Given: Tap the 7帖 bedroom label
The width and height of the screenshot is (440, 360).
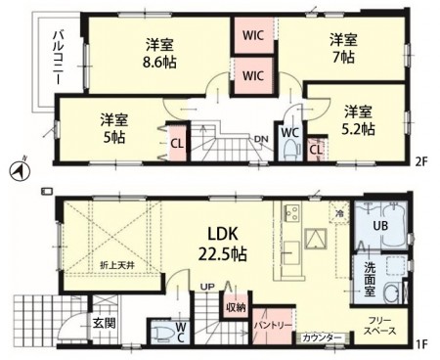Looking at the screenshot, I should pos(341,48).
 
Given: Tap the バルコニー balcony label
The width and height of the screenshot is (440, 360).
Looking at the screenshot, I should pos(44,63).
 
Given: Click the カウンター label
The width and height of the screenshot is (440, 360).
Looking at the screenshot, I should pos(323,338).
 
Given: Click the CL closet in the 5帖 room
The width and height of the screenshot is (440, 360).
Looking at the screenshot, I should pos(177,143).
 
